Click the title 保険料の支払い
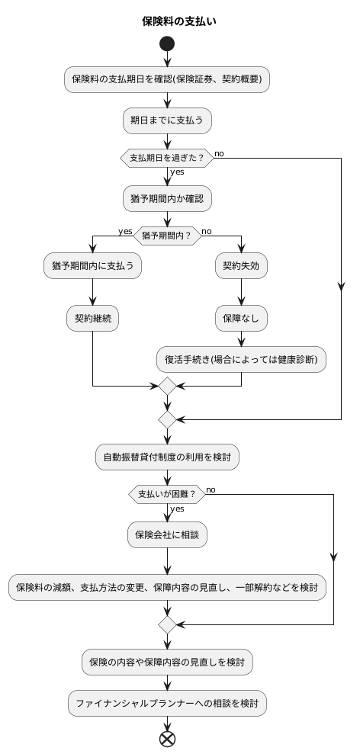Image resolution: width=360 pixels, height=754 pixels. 179,21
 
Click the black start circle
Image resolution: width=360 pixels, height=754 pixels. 166,44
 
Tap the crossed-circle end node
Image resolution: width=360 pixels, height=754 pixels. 166,738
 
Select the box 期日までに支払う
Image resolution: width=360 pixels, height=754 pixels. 166,120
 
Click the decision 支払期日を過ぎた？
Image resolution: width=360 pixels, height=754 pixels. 166,158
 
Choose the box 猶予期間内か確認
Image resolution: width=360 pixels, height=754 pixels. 166,198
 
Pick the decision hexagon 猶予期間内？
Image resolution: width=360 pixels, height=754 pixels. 166,236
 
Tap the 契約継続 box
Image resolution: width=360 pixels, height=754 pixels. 92,318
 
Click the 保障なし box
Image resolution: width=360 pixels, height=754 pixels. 241,318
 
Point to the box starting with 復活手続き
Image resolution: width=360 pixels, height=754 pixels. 241,358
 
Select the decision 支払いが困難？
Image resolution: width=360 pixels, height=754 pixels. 166,494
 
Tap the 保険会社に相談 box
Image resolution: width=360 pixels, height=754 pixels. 166,534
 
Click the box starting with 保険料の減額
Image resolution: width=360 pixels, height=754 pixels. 166,588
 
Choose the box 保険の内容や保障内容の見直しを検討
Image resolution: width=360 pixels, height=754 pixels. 166,661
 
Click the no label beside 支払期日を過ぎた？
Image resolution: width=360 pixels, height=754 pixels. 219,153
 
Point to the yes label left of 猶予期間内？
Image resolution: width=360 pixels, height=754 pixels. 124,231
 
